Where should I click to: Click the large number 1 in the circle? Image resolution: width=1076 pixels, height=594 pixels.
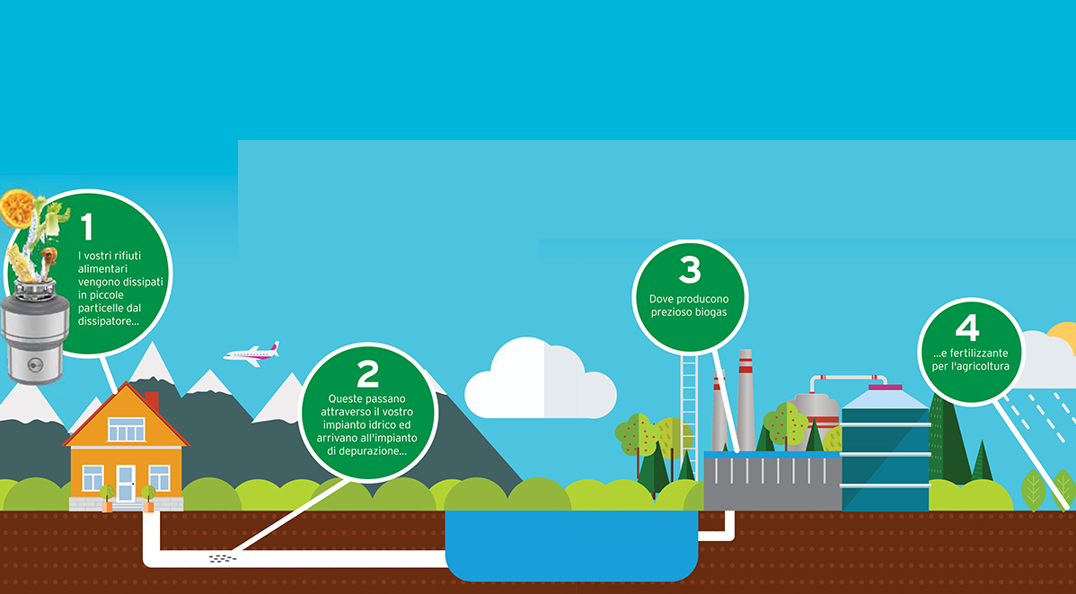point(87,228)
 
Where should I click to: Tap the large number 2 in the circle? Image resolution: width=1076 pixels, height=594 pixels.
point(368,374)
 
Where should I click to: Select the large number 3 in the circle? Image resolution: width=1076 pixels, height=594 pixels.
point(690,269)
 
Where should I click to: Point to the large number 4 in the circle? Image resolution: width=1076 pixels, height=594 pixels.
point(967,328)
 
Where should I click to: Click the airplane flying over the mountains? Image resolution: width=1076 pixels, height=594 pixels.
point(251,354)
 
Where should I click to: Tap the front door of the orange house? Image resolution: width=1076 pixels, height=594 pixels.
point(126,484)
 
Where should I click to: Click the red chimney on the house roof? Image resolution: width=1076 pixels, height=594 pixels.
point(152,402)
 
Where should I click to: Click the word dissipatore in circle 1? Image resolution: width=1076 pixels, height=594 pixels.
point(109,321)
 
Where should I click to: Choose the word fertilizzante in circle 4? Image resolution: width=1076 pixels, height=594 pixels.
point(979,354)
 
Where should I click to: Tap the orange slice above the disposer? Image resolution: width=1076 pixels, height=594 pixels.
point(17,208)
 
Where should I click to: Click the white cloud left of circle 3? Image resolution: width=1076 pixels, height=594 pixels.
point(540,379)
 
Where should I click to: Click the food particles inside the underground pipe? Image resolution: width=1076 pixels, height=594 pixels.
point(223,558)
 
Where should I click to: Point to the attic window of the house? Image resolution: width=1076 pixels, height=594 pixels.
point(127,430)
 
